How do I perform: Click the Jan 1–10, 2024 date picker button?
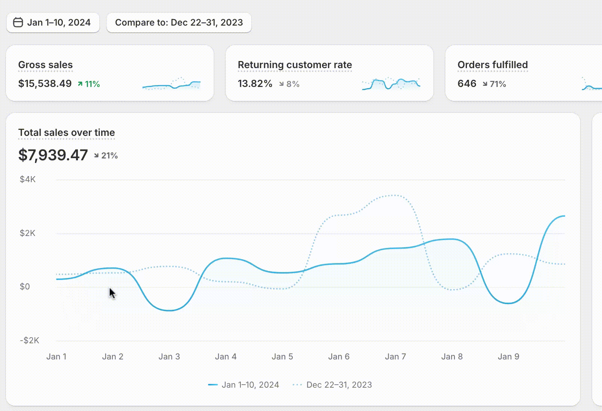tap(53, 23)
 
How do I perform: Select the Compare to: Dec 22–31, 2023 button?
tap(179, 23)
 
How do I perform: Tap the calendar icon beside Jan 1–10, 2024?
tap(18, 23)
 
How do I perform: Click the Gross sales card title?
tap(46, 65)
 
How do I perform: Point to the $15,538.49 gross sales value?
tap(45, 84)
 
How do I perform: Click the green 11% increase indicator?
tap(89, 84)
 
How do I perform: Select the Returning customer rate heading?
tap(295, 65)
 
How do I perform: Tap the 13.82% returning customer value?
tap(255, 84)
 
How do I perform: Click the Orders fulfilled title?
tap(493, 65)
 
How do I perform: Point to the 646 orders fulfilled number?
tap(467, 84)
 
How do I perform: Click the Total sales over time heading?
tap(67, 132)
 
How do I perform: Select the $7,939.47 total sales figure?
tap(53, 155)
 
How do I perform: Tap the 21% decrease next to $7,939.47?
tap(106, 155)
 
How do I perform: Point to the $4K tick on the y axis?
tap(27, 179)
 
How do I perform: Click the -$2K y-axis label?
tap(29, 341)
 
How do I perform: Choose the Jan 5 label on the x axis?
tap(282, 356)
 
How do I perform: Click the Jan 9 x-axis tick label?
tap(508, 356)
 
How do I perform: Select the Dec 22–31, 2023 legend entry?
tap(332, 385)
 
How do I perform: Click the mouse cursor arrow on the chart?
tap(112, 293)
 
